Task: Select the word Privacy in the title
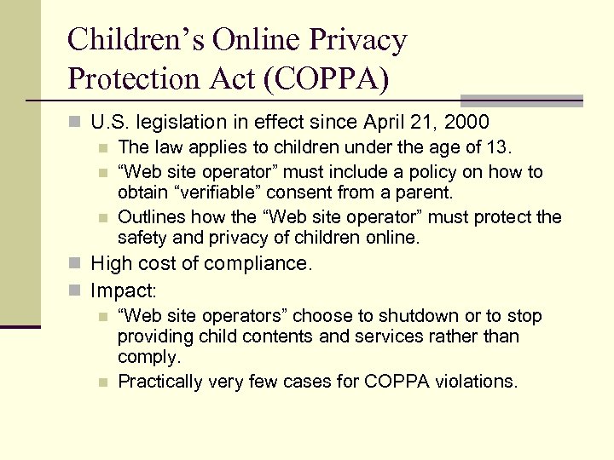(x=357, y=39)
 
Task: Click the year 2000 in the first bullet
(x=469, y=122)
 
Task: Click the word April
(x=378, y=122)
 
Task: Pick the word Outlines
(x=151, y=217)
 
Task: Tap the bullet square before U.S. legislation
(x=77, y=123)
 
